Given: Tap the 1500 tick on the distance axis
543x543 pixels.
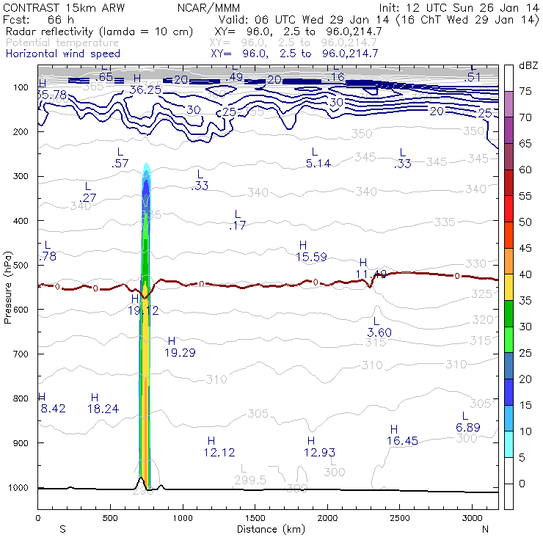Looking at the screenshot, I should pos(255,518).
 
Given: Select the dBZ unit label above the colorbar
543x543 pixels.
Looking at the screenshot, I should pos(528,66).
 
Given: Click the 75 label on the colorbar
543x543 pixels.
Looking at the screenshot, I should pos(525,91).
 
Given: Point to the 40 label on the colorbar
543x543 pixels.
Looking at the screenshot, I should pos(525,274).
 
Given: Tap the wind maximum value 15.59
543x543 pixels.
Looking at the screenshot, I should pos(311,257).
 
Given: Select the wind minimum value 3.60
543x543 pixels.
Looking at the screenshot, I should pos(379,332).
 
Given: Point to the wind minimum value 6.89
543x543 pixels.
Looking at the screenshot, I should pos(467,427).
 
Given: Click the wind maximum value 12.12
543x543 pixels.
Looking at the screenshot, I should pos(219,452).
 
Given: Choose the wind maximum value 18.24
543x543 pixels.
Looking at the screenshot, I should pos(103,409).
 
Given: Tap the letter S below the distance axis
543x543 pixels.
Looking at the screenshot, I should pos(62,529).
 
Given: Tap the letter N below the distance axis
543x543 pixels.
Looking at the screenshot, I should pos(485,529).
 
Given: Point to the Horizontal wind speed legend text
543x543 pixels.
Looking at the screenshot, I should pos(62,54).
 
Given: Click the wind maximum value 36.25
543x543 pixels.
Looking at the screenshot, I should pos(145,90).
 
